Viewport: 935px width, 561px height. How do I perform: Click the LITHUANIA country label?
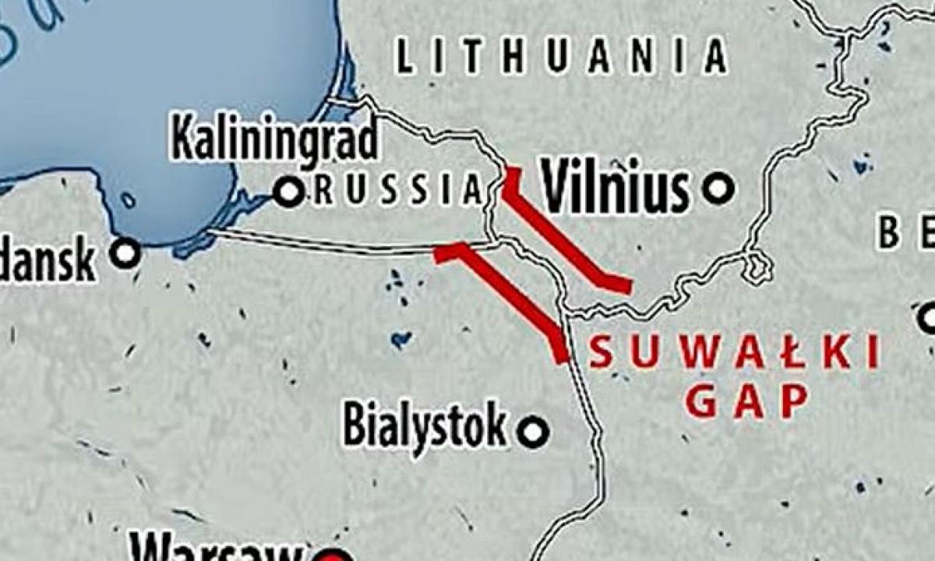tap(561, 58)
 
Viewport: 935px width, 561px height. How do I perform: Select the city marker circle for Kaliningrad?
tap(289, 191)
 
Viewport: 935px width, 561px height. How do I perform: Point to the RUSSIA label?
tap(397, 191)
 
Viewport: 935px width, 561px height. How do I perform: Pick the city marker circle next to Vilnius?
tap(718, 188)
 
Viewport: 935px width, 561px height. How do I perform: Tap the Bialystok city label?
tap(425, 425)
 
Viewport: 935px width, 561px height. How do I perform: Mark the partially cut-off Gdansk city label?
tap(47, 261)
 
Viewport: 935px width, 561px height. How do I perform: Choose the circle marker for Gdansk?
tap(125, 252)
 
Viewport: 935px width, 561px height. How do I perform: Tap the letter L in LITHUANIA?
tap(404, 58)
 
